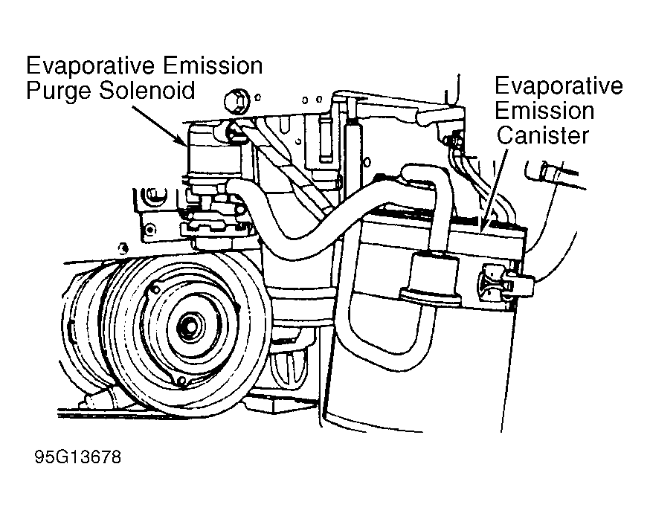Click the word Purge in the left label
pos(59,91)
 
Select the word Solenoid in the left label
pos(147,90)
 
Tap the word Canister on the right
pos(543,135)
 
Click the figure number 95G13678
pos(78,457)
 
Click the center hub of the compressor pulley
pos(190,327)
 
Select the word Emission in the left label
pos(212,66)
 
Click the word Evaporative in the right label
pos(559,87)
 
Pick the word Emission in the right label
pos(544,111)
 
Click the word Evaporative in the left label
pos(91,66)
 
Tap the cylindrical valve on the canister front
pos(431,280)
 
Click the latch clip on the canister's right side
pos(506,280)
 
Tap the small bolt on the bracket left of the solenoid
pos(149,230)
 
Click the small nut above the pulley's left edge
pos(123,249)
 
